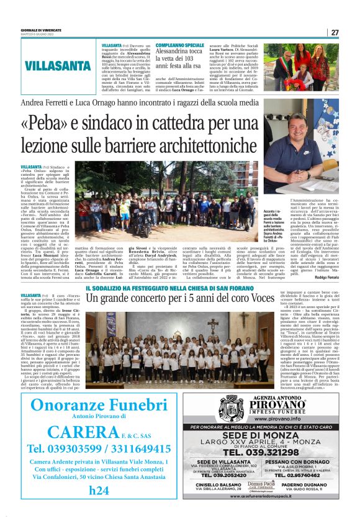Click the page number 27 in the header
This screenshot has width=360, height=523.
pyautogui.click(x=335, y=32)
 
